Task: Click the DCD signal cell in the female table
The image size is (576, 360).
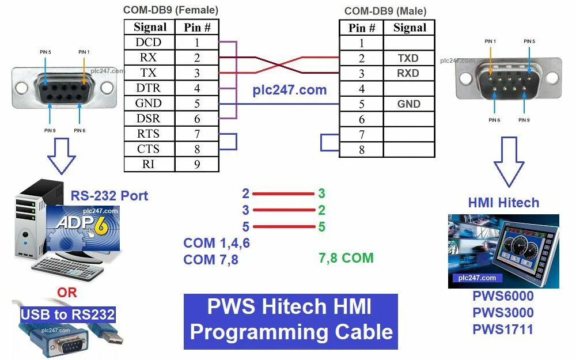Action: (149, 43)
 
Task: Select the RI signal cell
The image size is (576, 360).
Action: (149, 164)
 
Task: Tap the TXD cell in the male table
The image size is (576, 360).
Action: (408, 58)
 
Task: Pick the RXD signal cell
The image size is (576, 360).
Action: (408, 74)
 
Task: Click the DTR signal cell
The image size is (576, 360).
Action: (149, 88)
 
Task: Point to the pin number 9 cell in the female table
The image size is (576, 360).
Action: (196, 164)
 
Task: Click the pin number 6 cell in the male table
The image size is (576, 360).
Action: (362, 119)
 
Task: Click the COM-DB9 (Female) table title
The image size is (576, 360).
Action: (171, 10)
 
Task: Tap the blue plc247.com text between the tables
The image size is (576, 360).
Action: (290, 90)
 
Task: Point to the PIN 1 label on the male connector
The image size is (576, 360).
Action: (490, 41)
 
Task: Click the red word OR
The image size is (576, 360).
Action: (67, 293)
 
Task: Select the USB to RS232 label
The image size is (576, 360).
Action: (68, 314)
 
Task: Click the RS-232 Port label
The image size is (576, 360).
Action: (109, 195)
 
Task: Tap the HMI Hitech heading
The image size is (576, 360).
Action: (503, 203)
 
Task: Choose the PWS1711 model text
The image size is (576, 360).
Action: (503, 329)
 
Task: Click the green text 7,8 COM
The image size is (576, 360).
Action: (346, 258)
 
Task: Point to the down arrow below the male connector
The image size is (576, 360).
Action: (509, 161)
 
